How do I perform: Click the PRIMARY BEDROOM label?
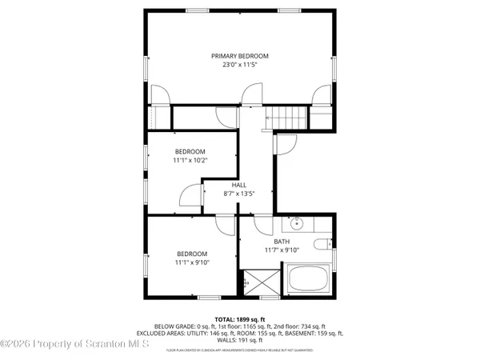(x=239, y=56)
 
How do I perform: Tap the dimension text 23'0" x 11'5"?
(x=239, y=65)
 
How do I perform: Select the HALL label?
(x=239, y=185)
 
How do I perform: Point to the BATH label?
(x=282, y=241)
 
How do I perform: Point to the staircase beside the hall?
(x=286, y=117)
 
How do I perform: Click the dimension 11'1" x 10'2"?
(x=191, y=160)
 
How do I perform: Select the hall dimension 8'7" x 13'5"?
(x=239, y=194)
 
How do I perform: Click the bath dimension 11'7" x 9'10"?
(x=282, y=250)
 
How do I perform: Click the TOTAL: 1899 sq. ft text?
(x=239, y=318)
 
